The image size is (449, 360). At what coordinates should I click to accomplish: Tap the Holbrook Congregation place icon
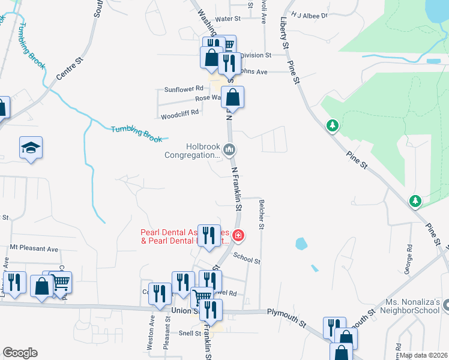pos(228,149)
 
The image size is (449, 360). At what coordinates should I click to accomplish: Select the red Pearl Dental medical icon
pos(238,236)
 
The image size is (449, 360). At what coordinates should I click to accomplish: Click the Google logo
pos(20,353)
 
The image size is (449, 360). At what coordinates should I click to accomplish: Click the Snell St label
pos(189,332)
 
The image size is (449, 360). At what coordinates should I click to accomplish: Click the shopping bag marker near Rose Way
pos(232,97)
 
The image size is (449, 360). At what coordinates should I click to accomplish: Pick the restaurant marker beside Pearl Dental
pos(208,235)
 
